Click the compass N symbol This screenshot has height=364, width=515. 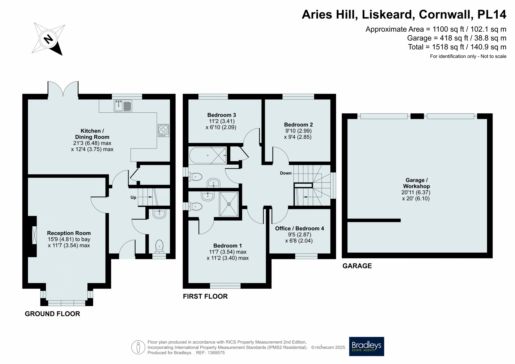pyautogui.click(x=48, y=39)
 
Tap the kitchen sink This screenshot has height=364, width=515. pyautogui.click(x=123, y=106)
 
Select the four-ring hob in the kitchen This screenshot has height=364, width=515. pyautogui.click(x=163, y=131)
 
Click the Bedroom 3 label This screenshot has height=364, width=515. pyautogui.click(x=222, y=115)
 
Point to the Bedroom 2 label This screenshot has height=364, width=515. pyautogui.click(x=298, y=125)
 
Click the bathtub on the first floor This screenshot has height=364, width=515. pyautogui.click(x=208, y=155)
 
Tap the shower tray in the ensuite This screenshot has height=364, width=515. pyautogui.click(x=229, y=204)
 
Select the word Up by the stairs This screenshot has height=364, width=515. pyautogui.click(x=133, y=198)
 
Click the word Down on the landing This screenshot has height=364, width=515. pyautogui.click(x=286, y=173)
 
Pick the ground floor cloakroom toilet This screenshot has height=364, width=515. pyautogui.click(x=159, y=246)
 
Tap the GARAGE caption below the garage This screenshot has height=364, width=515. pyautogui.click(x=357, y=266)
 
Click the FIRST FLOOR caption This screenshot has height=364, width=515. pyautogui.click(x=205, y=296)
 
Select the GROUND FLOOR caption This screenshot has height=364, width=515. pyautogui.click(x=52, y=314)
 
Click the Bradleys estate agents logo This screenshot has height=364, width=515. pyautogui.click(x=366, y=346)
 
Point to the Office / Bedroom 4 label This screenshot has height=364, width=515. pyautogui.click(x=299, y=228)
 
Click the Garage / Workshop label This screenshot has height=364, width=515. pyautogui.click(x=416, y=183)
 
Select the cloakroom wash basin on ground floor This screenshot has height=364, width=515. pyautogui.click(x=159, y=214)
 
